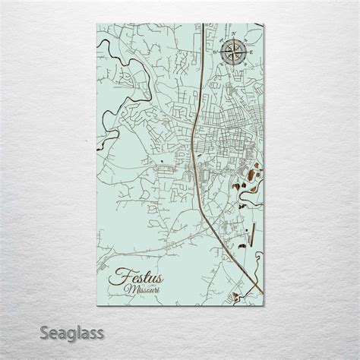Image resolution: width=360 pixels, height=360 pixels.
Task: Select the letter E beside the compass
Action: (249, 53)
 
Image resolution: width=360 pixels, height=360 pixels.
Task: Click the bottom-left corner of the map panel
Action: (100, 303)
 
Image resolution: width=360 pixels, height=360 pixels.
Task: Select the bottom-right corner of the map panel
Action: (261, 303)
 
